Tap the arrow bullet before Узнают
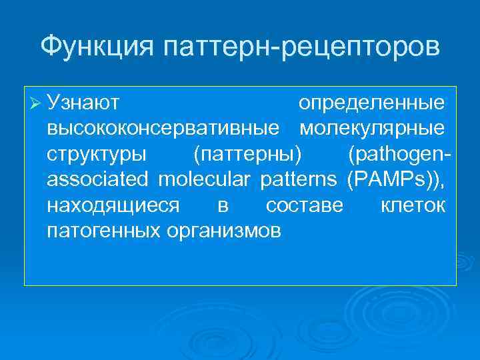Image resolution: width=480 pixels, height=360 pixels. pyautogui.click(x=36, y=104)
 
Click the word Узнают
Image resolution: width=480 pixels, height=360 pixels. pyautogui.click(x=83, y=103)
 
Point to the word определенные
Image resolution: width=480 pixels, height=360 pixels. pyautogui.click(x=371, y=103)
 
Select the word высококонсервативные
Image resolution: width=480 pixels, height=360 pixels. pyautogui.click(x=163, y=129)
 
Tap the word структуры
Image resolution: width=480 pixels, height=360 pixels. pyautogui.click(x=97, y=154)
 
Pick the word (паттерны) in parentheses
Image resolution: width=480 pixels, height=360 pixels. pyautogui.click(x=247, y=154)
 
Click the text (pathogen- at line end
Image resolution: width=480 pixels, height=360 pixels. pyautogui.click(x=398, y=154)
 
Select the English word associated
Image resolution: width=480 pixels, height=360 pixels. pyautogui.click(x=99, y=179)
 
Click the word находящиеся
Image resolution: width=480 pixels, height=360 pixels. pyautogui.click(x=113, y=205)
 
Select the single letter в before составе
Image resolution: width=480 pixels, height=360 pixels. pyautogui.click(x=223, y=206)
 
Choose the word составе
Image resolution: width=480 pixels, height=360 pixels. pyautogui.click(x=305, y=205)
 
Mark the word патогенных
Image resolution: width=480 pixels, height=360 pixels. pyautogui.click(x=103, y=231)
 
